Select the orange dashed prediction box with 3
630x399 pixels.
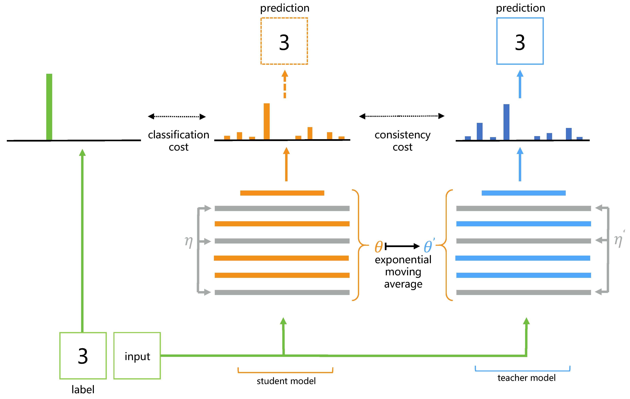(x=284, y=41)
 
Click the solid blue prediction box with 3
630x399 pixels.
(x=520, y=41)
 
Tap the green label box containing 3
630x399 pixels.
(x=83, y=356)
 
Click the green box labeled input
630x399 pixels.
(x=137, y=356)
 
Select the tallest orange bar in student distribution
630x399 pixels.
(x=267, y=121)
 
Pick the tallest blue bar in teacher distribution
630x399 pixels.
(x=506, y=122)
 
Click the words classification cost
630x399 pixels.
(x=179, y=141)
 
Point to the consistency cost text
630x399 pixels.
(x=402, y=141)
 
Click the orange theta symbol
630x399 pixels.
(x=379, y=247)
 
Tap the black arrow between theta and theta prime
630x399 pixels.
(x=402, y=246)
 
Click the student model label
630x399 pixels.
(x=286, y=381)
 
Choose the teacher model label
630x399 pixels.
(x=526, y=378)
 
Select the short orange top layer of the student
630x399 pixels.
(x=282, y=193)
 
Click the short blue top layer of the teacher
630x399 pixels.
(x=524, y=193)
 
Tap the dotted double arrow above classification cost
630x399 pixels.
(x=177, y=116)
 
